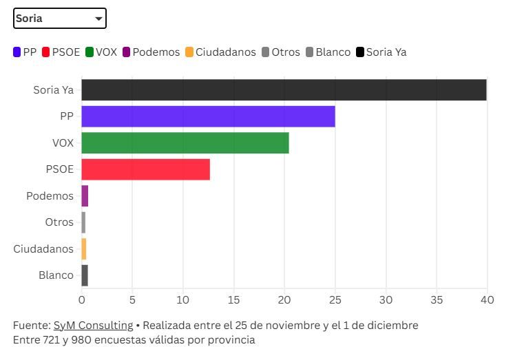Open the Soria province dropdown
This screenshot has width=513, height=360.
(60, 19)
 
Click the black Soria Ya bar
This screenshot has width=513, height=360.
(284, 90)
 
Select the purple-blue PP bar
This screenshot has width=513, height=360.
(208, 116)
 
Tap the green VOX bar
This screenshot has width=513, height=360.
(185, 143)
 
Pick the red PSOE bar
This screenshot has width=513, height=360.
(145, 169)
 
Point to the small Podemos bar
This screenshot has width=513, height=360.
(85, 196)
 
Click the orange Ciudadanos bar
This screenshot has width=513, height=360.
(84, 248)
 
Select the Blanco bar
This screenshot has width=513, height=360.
(85, 275)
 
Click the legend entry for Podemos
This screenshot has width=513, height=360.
(151, 52)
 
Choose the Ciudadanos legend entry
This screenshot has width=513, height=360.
(220, 52)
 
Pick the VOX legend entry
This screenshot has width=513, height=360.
(101, 52)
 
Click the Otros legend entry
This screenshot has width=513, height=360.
(280, 52)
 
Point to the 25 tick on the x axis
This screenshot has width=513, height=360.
(335, 300)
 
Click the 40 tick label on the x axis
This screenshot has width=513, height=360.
(487, 300)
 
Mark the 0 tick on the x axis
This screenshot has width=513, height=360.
(81, 300)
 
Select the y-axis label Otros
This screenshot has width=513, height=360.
(59, 222)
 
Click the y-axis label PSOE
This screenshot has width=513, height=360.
(59, 169)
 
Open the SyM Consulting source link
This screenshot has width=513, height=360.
(93, 325)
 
